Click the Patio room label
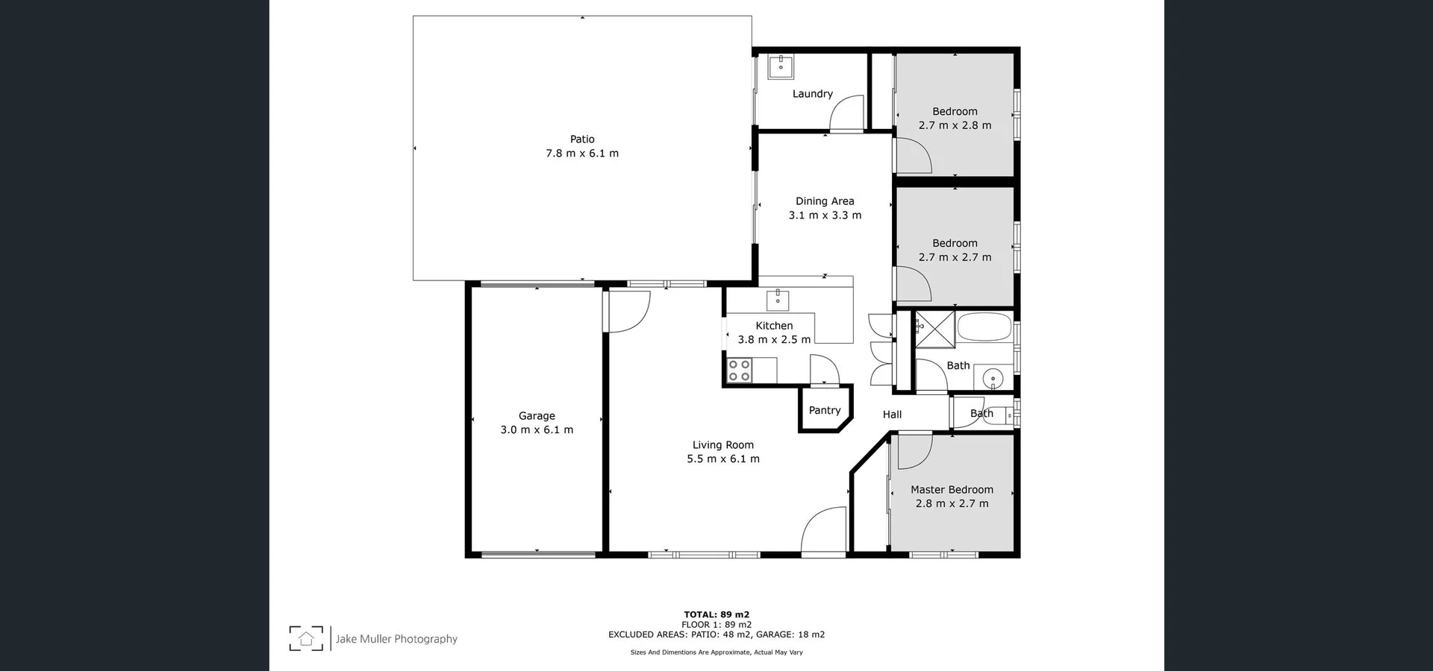click(x=582, y=139)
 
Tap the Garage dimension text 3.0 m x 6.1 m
click(x=537, y=430)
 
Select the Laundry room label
click(x=812, y=94)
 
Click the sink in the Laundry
click(x=781, y=67)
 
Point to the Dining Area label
click(x=825, y=201)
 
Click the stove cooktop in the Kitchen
click(x=740, y=371)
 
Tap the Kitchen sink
click(x=778, y=300)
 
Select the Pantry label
click(x=825, y=411)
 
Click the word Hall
click(x=892, y=415)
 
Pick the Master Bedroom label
click(x=952, y=490)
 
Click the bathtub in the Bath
click(x=984, y=328)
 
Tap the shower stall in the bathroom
click(x=935, y=330)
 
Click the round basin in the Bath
click(x=993, y=379)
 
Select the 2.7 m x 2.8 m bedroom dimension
click(x=955, y=125)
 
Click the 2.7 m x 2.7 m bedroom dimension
click(x=955, y=257)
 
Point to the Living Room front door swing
click(x=822, y=531)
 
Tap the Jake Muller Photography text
click(x=396, y=639)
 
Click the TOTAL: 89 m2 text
click(x=716, y=615)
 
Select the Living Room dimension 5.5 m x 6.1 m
click(x=722, y=459)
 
